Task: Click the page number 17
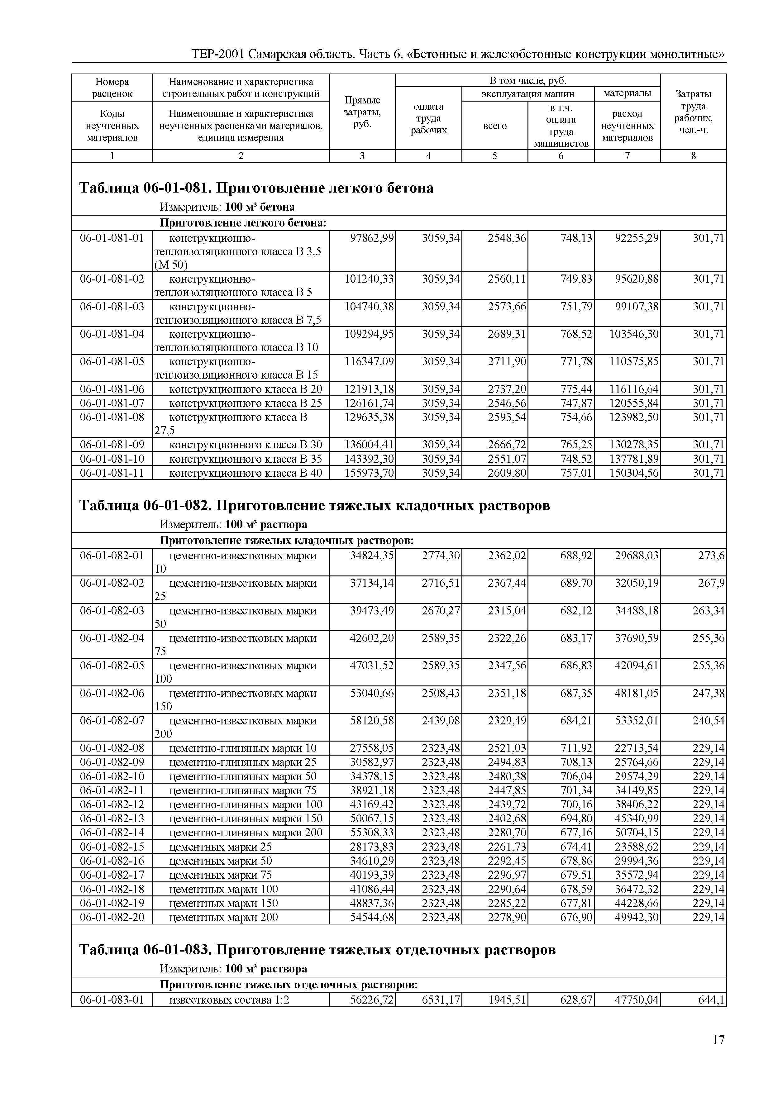718,1040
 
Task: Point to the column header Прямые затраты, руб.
362,112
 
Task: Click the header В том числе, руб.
527,80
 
